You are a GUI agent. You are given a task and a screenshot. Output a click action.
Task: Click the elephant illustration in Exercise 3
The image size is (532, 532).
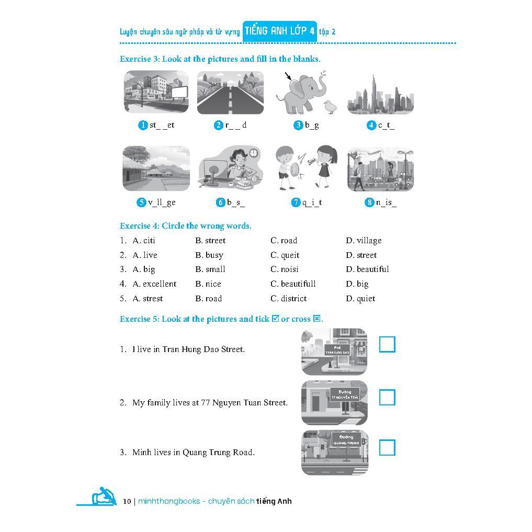pyautogui.click(x=301, y=93)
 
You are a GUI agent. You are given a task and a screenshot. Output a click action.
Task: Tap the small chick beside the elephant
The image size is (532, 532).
pyautogui.click(x=330, y=107)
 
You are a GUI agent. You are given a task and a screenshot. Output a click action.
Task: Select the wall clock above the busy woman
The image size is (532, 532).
pyautogui.click(x=254, y=153)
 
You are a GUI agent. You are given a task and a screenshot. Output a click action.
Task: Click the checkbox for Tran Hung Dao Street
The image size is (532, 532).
pyautogui.click(x=387, y=344)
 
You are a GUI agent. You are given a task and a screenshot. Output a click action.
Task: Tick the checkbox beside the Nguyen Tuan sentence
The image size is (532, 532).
pyautogui.click(x=387, y=397)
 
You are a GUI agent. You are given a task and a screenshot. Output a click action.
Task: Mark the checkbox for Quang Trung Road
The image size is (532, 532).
pyautogui.click(x=387, y=447)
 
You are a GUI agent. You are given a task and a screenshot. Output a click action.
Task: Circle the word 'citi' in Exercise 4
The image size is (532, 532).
pyautogui.click(x=149, y=240)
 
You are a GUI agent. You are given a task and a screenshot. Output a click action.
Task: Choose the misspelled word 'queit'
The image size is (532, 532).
pyautogui.click(x=290, y=255)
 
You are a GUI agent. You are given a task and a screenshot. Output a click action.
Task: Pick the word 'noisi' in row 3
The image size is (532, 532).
pyautogui.click(x=289, y=269)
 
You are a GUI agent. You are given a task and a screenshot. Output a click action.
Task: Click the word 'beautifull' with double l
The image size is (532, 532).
pyautogui.click(x=298, y=284)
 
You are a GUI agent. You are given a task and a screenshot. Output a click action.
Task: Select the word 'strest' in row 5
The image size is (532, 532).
pyautogui.click(x=153, y=299)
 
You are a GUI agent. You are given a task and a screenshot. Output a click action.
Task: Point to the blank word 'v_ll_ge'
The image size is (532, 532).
pyautogui.click(x=162, y=202)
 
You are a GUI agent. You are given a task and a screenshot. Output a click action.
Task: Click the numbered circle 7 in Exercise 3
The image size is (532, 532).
pyautogui.click(x=296, y=202)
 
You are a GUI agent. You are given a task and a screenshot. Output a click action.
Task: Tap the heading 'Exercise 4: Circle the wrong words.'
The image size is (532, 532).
pyautogui.click(x=186, y=226)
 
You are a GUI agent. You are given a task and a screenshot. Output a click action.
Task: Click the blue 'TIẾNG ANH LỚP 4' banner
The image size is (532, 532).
pyautogui.click(x=280, y=31)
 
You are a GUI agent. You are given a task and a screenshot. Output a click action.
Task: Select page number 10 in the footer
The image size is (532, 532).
pyautogui.click(x=127, y=501)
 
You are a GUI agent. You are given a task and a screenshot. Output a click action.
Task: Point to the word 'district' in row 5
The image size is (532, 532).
pyautogui.click(x=293, y=299)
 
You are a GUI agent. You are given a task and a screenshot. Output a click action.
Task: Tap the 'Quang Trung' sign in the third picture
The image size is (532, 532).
pyautogui.click(x=346, y=440)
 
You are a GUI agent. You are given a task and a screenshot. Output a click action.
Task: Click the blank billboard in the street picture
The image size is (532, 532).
pyautogui.click(x=179, y=92)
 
